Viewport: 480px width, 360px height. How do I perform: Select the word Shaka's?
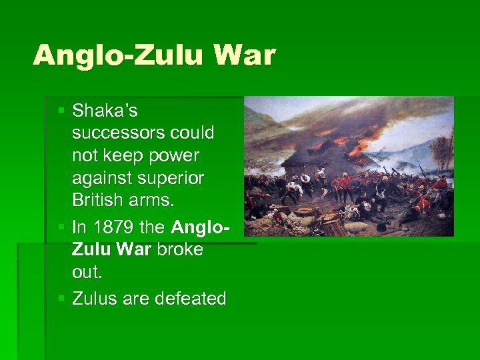point(105,110)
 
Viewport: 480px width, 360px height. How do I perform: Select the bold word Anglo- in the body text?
point(201,227)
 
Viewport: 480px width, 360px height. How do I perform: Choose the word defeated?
point(190,299)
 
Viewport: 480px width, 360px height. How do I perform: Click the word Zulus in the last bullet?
point(94,299)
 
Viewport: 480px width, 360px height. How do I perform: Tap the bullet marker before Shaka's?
point(62,109)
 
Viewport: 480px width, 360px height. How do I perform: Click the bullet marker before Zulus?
point(62,298)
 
